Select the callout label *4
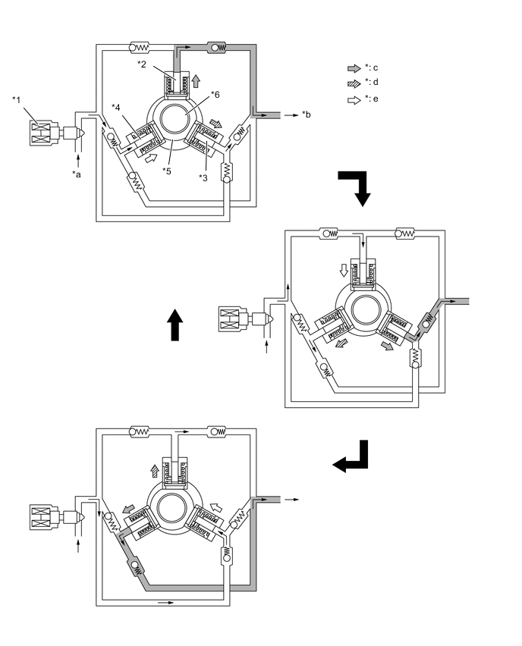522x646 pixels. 117,105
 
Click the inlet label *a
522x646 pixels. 77,175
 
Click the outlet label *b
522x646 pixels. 306,114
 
